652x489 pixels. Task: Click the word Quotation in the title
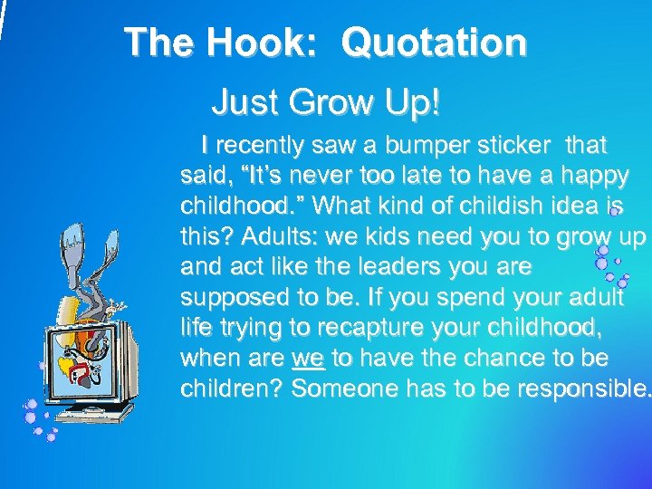point(435,43)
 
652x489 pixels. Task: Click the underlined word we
point(308,358)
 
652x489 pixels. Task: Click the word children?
point(232,388)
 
